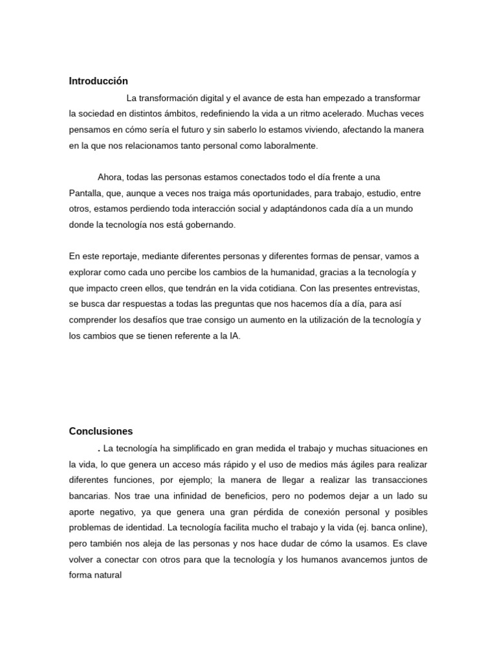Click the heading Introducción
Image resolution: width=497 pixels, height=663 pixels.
pos(98,81)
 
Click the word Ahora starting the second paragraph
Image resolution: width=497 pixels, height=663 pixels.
pos(110,177)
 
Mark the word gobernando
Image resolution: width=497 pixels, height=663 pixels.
pos(212,225)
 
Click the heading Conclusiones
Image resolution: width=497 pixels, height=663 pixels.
pos(101,431)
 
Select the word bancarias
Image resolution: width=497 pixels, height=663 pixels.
pos(89,496)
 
